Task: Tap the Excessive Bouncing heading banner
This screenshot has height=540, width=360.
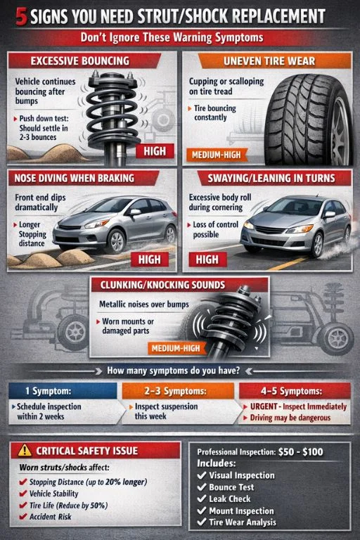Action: point(82,61)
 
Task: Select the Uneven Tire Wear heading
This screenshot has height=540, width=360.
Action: point(275,62)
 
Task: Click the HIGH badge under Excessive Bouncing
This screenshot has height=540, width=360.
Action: point(154,150)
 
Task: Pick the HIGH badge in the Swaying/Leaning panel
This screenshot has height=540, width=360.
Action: point(207,259)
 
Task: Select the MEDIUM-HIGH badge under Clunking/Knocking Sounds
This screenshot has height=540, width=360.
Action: point(176,347)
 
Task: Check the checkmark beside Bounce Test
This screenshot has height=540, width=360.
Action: point(202,487)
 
